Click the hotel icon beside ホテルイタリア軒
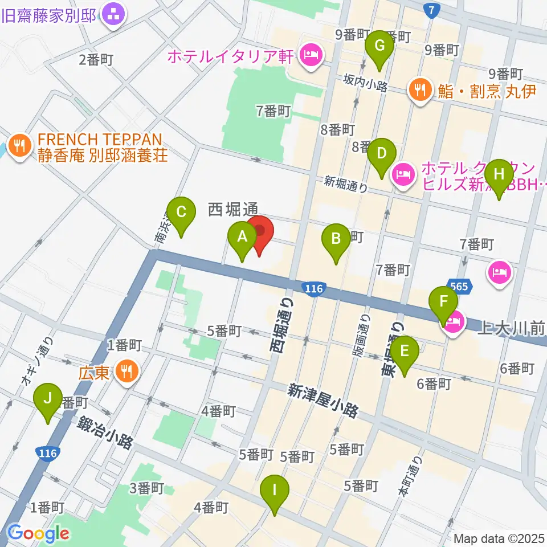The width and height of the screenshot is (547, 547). click(x=311, y=56)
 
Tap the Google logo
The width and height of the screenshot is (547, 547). click(x=38, y=534)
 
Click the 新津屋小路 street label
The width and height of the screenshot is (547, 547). click(x=323, y=401)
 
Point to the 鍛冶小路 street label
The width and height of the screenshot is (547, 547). click(x=106, y=432)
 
